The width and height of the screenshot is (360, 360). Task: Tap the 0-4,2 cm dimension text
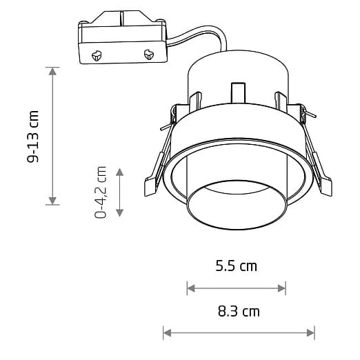point(101,192)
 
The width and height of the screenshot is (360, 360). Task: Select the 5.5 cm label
point(236,266)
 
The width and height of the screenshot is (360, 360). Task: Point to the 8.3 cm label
point(239,311)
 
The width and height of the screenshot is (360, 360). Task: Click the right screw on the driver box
point(148,54)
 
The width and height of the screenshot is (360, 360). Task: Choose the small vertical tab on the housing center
point(237,94)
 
